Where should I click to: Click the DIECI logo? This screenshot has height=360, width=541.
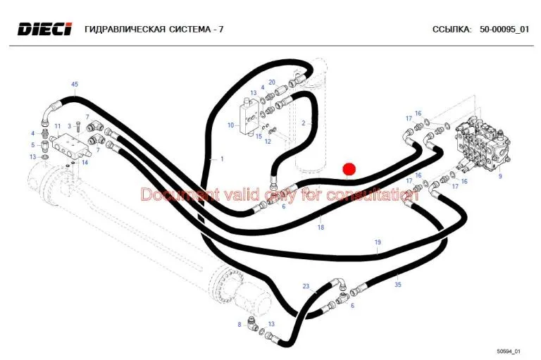coord(45,29)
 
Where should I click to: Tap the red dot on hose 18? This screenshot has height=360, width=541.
coord(349,170)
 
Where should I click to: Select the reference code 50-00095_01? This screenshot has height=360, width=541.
coord(504,30)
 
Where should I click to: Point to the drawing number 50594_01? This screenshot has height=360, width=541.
coord(508,352)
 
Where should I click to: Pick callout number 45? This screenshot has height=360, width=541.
coord(75,85)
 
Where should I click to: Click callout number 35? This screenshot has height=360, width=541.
coord(398,285)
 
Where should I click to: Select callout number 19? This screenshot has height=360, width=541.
coord(378,242)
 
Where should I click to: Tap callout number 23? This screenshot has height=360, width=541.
coord(306,286)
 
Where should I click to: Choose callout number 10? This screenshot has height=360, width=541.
coord(231,125)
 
